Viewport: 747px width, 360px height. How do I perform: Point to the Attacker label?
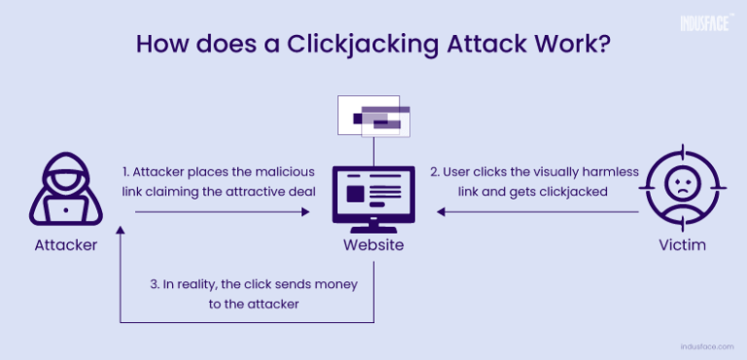66,245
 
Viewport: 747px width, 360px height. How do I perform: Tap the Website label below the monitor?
373,245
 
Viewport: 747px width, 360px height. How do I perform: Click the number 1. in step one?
127,171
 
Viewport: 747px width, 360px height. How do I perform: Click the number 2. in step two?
437,171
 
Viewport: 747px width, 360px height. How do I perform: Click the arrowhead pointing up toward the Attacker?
120,232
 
